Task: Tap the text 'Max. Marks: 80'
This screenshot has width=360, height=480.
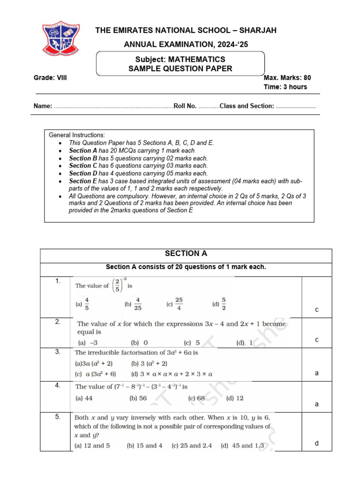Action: click(x=287, y=78)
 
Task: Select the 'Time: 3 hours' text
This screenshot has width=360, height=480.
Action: click(x=285, y=87)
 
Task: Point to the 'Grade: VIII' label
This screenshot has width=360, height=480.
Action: click(x=50, y=78)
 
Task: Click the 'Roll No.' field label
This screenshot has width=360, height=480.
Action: click(x=185, y=106)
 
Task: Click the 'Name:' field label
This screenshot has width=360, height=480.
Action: click(x=43, y=106)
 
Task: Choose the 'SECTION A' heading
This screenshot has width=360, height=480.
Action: click(x=186, y=254)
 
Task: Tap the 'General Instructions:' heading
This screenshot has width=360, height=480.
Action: click(x=77, y=135)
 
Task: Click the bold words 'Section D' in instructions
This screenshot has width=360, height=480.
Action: click(x=82, y=173)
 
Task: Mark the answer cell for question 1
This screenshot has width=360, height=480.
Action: click(x=316, y=309)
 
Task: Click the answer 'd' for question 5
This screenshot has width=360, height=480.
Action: click(x=316, y=443)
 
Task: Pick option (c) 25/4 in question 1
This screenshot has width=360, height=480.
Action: click(x=175, y=303)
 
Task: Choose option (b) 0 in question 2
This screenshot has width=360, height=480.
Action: click(x=139, y=343)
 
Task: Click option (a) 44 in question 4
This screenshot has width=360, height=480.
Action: click(x=85, y=398)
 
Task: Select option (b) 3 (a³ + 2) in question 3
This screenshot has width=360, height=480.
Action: click(x=149, y=363)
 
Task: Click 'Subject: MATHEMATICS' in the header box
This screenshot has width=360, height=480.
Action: click(x=180, y=60)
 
